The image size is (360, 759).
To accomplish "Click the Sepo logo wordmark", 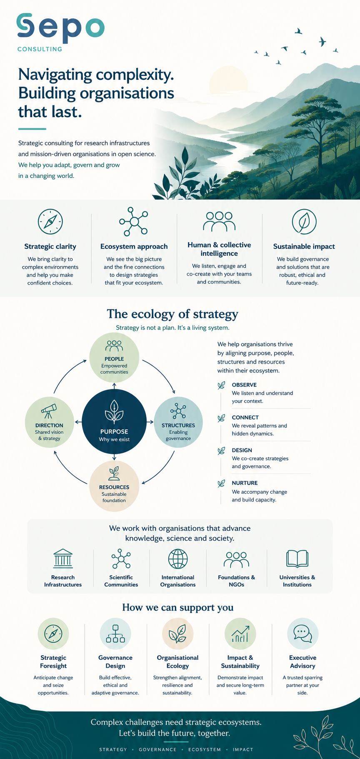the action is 60,28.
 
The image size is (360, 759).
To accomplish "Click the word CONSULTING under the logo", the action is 40,49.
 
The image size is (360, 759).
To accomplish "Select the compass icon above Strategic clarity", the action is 50,222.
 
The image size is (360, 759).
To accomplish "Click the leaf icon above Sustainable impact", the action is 304,222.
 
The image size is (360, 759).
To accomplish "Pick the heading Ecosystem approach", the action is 134,246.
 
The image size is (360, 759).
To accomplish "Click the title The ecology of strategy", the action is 172,314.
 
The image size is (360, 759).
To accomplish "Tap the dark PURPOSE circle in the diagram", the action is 114,422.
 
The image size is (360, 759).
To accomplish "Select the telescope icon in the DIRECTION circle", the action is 49,411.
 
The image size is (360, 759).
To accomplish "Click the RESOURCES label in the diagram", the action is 114,487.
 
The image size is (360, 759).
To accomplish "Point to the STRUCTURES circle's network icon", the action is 178,411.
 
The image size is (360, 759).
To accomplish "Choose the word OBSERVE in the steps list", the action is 244,385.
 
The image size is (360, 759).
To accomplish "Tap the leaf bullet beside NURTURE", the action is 221,483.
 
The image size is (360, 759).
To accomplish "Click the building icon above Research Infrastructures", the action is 63,559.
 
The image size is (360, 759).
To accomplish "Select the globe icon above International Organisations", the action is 178,559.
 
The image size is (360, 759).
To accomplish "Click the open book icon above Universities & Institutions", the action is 297,559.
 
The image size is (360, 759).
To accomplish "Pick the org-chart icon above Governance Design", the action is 115,634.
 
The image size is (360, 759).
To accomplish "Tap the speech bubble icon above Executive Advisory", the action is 302,634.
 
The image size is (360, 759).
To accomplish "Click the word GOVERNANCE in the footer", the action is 157,749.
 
